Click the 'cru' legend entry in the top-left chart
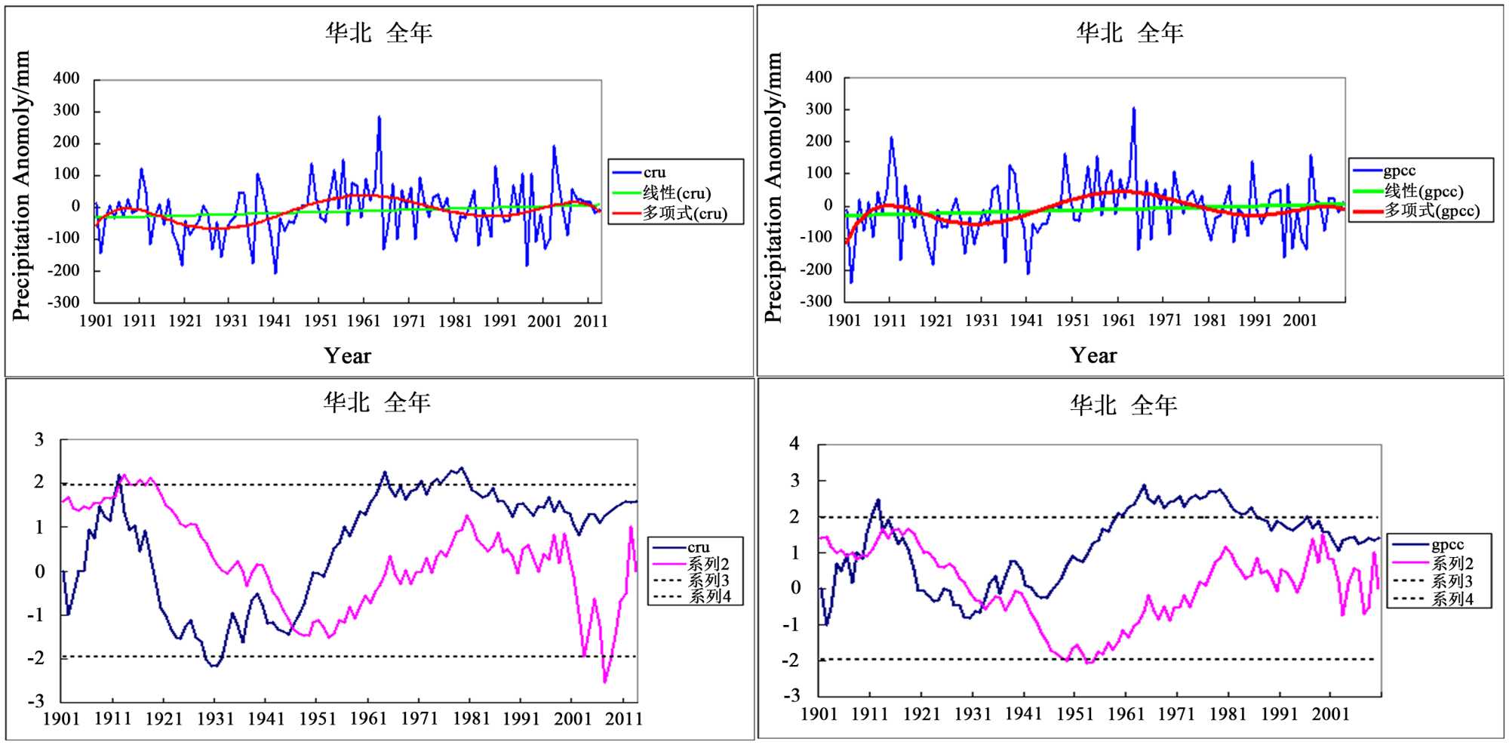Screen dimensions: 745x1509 (654, 173)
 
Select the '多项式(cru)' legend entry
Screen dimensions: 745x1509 (684, 214)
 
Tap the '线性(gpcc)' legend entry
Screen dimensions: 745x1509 (1423, 192)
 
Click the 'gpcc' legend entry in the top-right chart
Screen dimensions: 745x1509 (1399, 171)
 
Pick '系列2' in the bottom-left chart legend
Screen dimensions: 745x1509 (708, 564)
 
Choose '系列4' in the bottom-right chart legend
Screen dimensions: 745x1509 (1452, 599)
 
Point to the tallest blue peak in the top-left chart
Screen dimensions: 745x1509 (379, 118)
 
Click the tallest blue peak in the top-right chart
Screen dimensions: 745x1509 (1133, 109)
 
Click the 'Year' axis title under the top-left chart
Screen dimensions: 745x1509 (348, 356)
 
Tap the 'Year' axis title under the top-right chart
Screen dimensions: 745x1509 (1093, 356)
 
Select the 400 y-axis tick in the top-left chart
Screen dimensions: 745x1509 (66, 79)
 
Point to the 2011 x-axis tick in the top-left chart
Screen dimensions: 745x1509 (591, 322)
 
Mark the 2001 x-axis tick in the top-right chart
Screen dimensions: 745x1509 (1300, 320)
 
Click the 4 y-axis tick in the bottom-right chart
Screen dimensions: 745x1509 (794, 444)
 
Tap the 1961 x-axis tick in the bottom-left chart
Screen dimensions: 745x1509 (368, 719)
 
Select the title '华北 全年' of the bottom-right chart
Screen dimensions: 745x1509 (1123, 405)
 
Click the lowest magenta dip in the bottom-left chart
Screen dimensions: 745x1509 (605, 681)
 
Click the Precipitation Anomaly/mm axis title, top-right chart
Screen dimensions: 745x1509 (773, 187)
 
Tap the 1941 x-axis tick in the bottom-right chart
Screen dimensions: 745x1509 (1024, 714)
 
